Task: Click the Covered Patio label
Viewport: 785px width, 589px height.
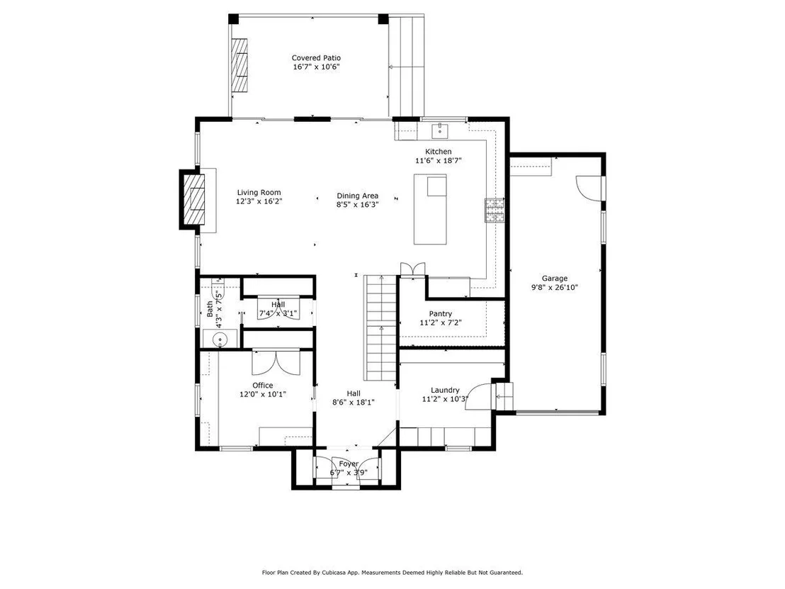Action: pyautogui.click(x=316, y=58)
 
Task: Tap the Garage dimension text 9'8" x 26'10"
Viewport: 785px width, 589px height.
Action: pyautogui.click(x=555, y=288)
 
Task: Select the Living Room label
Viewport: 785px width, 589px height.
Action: pyautogui.click(x=259, y=192)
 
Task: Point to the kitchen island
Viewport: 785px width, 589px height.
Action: pyautogui.click(x=430, y=209)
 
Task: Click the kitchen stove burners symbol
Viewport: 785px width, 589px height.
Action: pyautogui.click(x=494, y=210)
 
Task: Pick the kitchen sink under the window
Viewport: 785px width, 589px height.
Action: pyautogui.click(x=441, y=131)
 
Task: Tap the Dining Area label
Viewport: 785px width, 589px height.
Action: pyautogui.click(x=358, y=196)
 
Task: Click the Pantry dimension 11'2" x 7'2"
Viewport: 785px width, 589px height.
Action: pyautogui.click(x=441, y=323)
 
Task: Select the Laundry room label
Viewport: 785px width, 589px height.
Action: pyautogui.click(x=445, y=390)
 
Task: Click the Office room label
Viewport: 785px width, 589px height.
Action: pyautogui.click(x=263, y=385)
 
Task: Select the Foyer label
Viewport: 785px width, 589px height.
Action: pyautogui.click(x=349, y=464)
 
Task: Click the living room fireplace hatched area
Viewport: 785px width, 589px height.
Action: pyautogui.click(x=193, y=199)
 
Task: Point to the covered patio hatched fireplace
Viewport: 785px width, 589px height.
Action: pyautogui.click(x=239, y=64)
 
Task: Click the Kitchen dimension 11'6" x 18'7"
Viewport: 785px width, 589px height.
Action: pyautogui.click(x=438, y=161)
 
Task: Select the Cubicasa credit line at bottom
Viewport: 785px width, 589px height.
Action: pyautogui.click(x=392, y=572)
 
